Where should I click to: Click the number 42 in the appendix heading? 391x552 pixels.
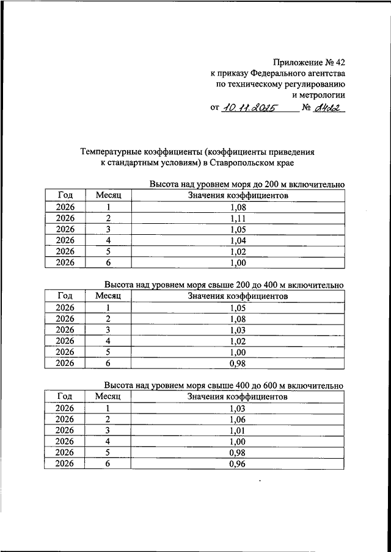[340, 62]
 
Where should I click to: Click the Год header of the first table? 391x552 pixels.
[65, 195]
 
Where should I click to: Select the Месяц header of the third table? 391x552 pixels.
[108, 396]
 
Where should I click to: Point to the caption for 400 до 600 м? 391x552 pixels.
[224, 386]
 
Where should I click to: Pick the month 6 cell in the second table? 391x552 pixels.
[108, 364]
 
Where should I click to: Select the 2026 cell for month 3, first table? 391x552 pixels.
[65, 229]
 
